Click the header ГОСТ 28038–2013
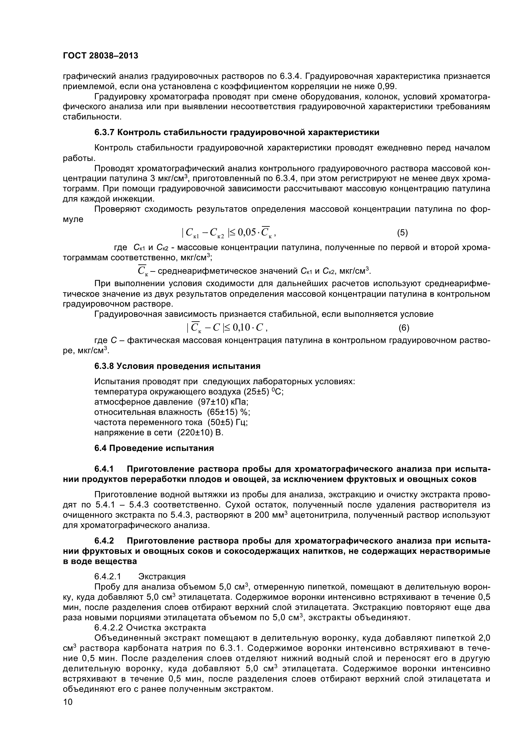[100, 56]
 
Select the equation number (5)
[402, 232]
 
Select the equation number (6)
[404, 328]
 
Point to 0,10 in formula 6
[242, 328]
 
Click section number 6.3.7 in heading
[104, 133]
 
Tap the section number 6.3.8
[104, 366]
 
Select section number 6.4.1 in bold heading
[104, 469]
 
